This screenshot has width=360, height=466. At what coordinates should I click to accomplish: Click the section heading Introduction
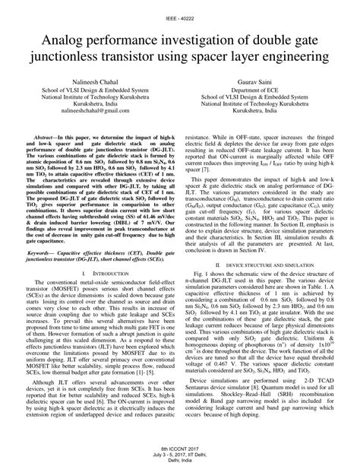point(101,272)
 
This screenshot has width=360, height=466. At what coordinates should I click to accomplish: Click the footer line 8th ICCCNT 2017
point(180,449)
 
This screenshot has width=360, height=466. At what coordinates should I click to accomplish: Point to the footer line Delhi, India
point(180,461)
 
